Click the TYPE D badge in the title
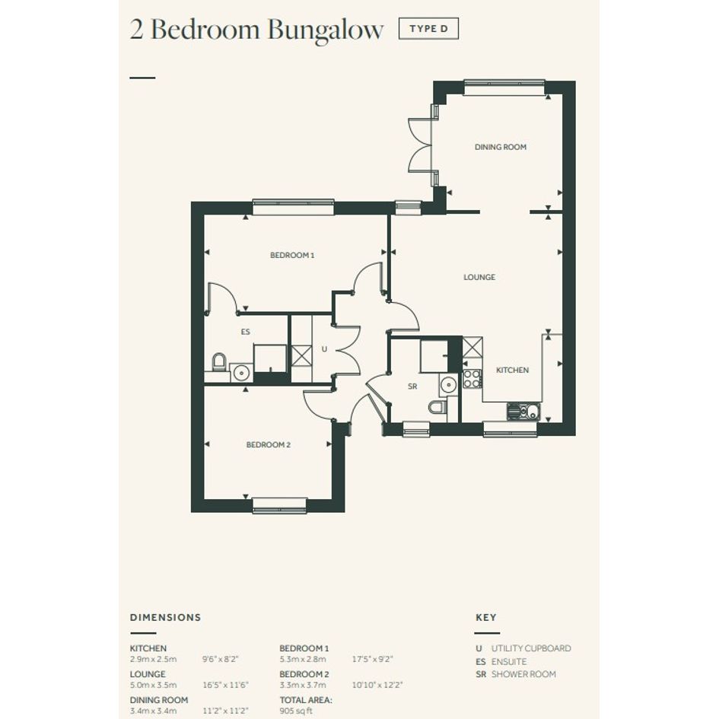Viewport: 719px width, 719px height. (x=428, y=28)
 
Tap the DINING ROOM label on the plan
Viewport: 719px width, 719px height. (x=501, y=147)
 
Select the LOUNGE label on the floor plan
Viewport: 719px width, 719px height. (x=479, y=277)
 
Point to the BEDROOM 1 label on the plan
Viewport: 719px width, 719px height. (x=292, y=255)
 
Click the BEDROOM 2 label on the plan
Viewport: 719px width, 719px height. (x=269, y=445)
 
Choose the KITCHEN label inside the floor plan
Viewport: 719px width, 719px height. (x=512, y=370)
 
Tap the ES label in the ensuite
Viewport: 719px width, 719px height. (x=245, y=332)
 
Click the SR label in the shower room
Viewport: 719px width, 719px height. (x=412, y=387)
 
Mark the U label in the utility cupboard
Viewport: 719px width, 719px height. (x=324, y=349)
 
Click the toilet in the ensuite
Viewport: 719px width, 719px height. (x=219, y=362)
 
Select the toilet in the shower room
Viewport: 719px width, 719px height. (x=437, y=406)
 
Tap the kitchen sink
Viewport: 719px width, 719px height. (x=523, y=411)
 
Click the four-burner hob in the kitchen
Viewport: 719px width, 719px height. (x=472, y=379)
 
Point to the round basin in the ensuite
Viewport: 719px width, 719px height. (x=240, y=373)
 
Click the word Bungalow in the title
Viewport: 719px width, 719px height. (x=325, y=30)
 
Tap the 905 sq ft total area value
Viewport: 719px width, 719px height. (x=296, y=711)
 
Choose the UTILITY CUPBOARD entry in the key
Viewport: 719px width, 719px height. (x=531, y=648)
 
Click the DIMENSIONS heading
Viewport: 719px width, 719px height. (x=166, y=617)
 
